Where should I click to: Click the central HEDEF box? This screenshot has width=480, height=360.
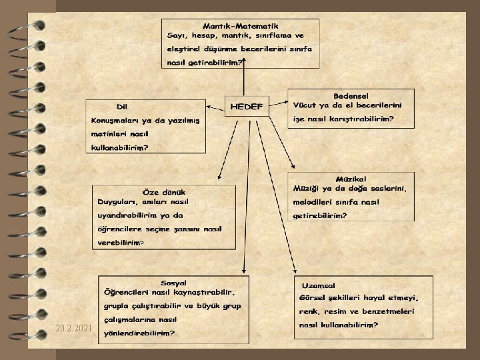pyautogui.click(x=247, y=107)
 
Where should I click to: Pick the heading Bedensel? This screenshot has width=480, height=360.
pyautogui.click(x=351, y=96)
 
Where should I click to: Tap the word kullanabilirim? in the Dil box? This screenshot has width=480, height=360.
pyautogui.click(x=120, y=148)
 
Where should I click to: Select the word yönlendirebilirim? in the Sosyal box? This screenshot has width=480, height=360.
pyautogui.click(x=140, y=333)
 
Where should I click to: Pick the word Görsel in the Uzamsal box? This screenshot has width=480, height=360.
pyautogui.click(x=315, y=298)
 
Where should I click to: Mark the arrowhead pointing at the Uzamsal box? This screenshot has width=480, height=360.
pyautogui.click(x=297, y=270)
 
